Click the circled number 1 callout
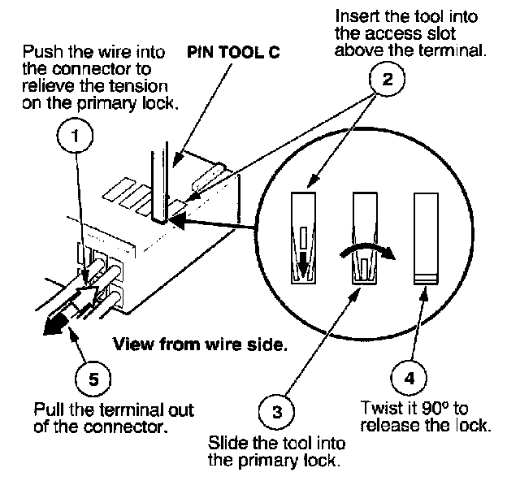(76, 137)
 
